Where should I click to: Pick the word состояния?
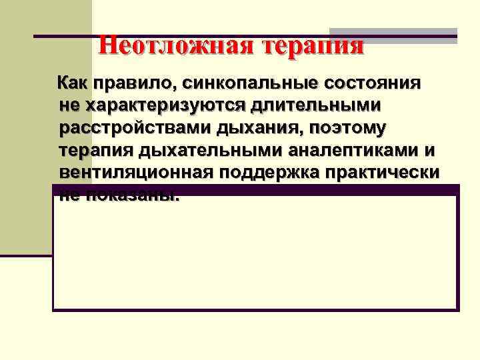371,84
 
